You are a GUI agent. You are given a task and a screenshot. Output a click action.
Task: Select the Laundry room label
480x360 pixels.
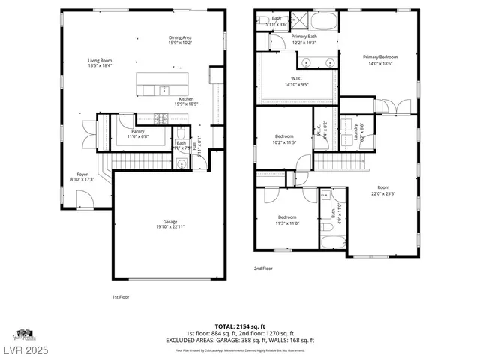(356, 132)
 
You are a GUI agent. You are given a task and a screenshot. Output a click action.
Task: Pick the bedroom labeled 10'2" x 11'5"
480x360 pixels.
(284, 139)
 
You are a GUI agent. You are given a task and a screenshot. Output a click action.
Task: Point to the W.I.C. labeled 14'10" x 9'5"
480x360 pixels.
(297, 82)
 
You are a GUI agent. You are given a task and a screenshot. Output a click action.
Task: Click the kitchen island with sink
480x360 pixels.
(163, 84)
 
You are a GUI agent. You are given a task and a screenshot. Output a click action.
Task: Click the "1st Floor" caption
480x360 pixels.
(121, 297)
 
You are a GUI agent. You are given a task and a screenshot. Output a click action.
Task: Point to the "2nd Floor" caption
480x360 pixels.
(262, 268)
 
